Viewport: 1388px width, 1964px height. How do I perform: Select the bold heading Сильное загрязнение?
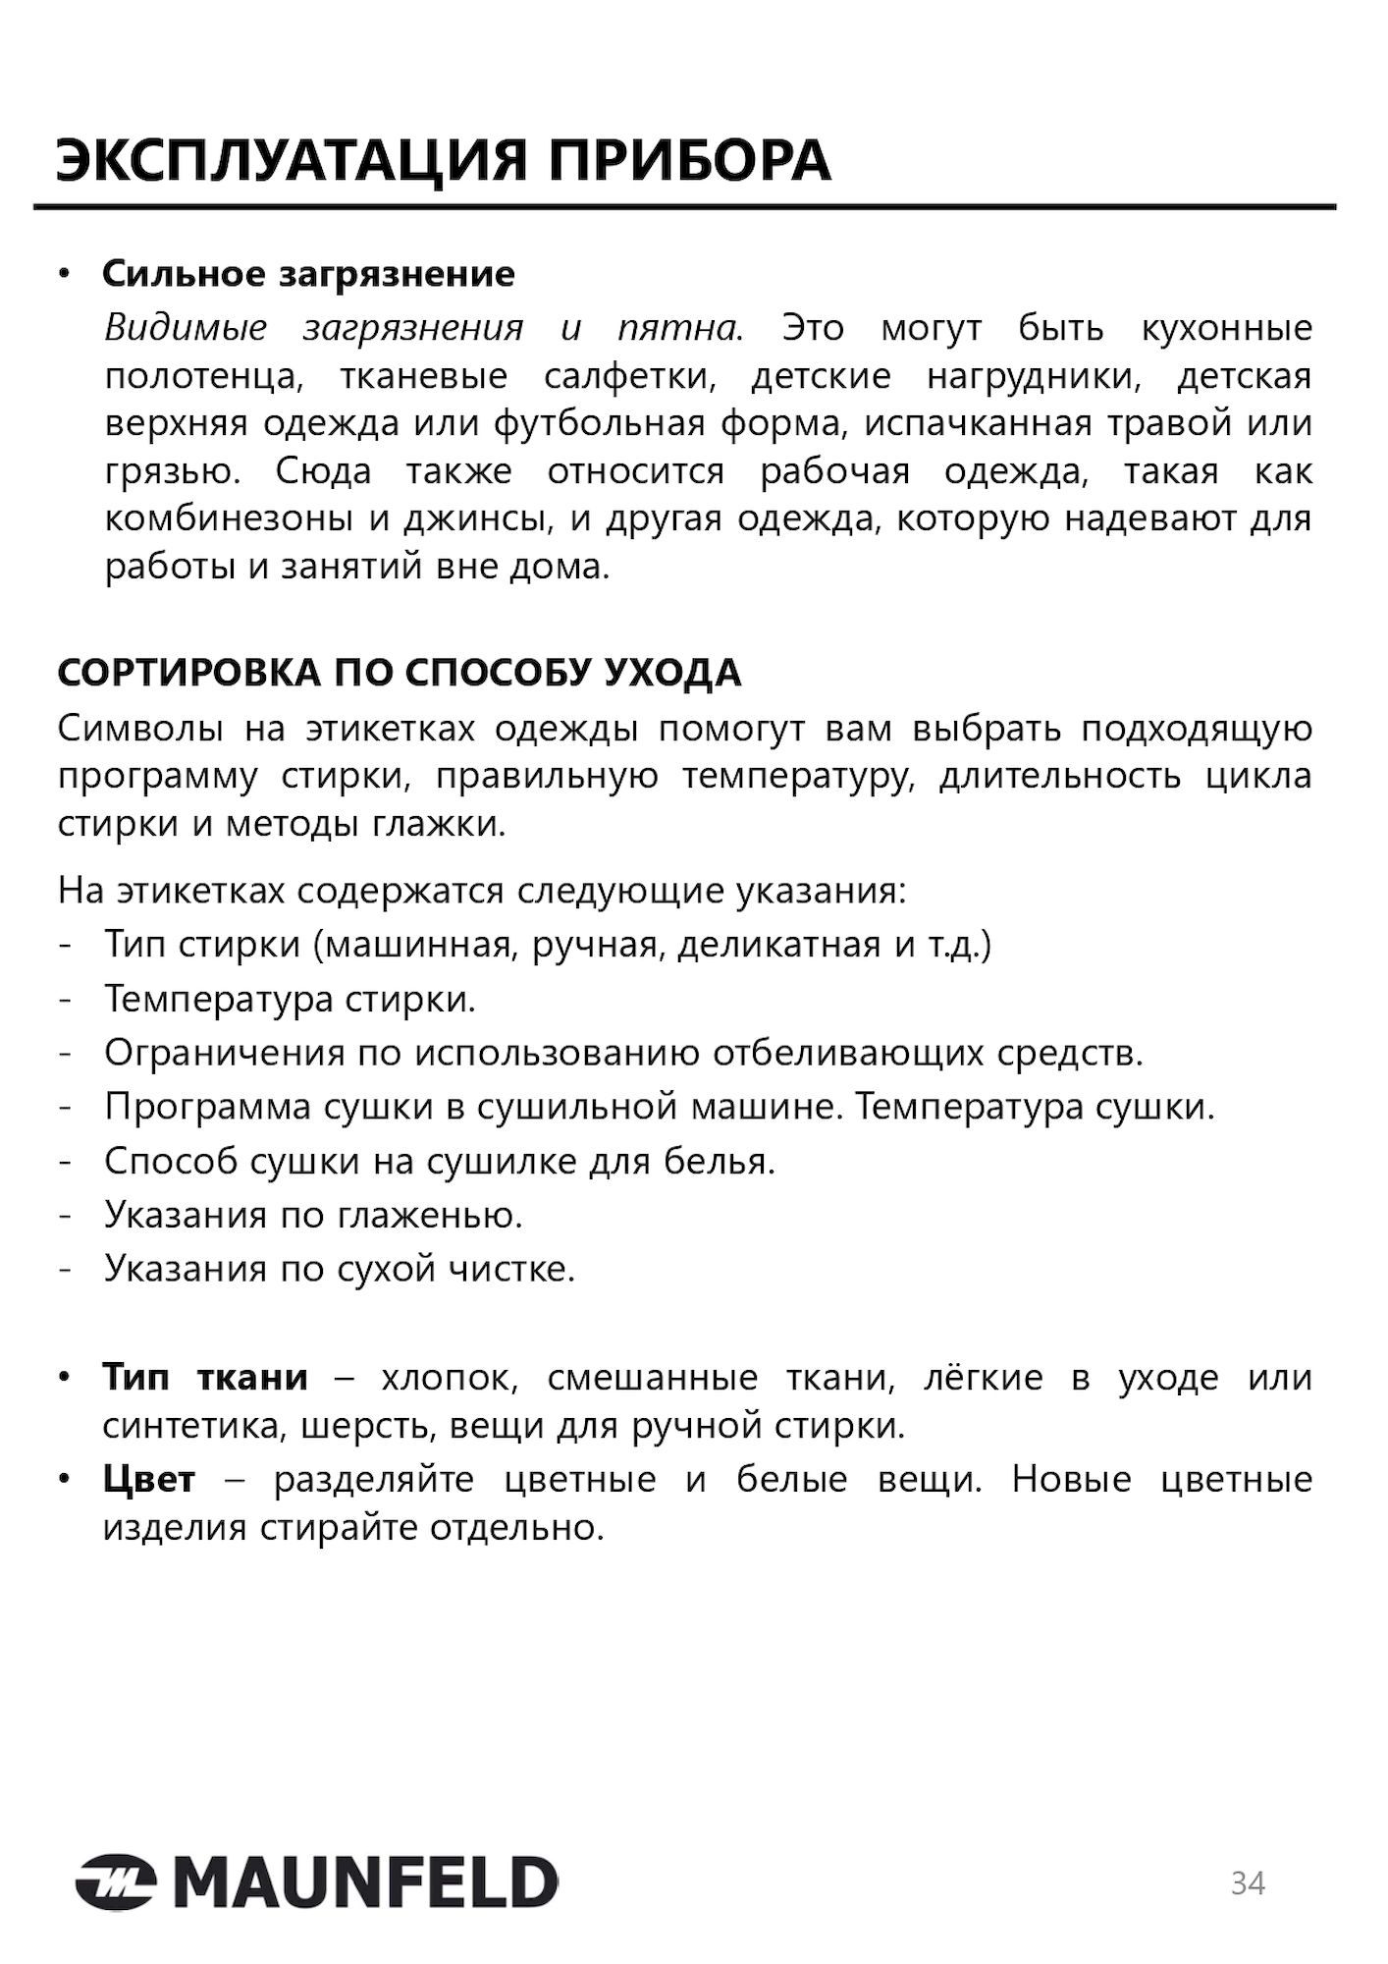[x=308, y=274]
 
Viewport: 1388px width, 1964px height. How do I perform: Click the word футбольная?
[x=599, y=423]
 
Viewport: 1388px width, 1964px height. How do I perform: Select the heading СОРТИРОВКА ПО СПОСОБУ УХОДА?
[x=400, y=674]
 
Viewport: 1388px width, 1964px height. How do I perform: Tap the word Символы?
[x=139, y=729]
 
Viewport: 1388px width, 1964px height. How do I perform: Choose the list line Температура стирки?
[x=290, y=1000]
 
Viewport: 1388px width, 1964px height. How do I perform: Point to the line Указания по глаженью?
[x=313, y=1216]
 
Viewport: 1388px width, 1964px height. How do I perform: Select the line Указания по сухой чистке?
[x=340, y=1270]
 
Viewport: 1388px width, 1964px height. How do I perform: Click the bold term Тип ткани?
[x=205, y=1378]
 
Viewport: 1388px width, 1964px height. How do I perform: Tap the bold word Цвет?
[x=149, y=1479]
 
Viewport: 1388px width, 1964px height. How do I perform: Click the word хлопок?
[x=448, y=1378]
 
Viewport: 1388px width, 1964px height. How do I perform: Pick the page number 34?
[x=1248, y=1882]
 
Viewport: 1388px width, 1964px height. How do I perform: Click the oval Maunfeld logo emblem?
[x=115, y=1882]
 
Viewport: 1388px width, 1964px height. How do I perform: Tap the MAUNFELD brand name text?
[x=363, y=1882]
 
